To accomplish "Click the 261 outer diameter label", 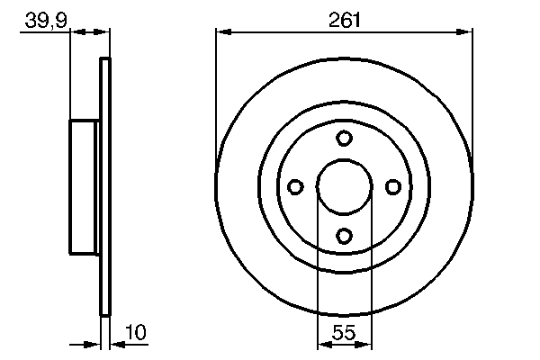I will tap(344, 18).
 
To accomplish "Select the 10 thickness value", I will tap(135, 333).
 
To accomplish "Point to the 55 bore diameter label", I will tap(344, 333).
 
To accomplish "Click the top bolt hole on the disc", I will tap(344, 138).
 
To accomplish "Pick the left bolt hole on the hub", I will tap(295, 186).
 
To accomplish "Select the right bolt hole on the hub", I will tap(392, 186).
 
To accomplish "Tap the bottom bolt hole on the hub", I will tap(344, 235).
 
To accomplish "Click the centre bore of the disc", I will tap(344, 186).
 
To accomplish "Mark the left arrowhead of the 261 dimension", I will tap(222, 31).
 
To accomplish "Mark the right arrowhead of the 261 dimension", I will tap(466, 31).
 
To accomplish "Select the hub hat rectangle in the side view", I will tap(85, 186).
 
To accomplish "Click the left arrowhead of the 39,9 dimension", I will tap(76, 31).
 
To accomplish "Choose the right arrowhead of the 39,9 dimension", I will tap(103, 31).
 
